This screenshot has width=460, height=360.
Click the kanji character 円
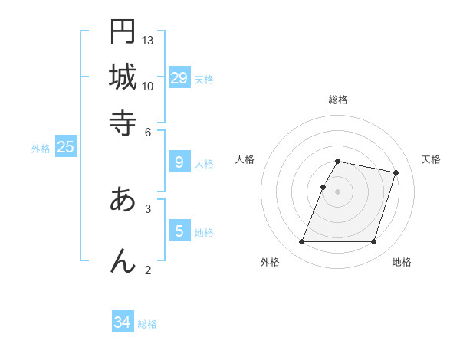pyautogui.click(x=123, y=31)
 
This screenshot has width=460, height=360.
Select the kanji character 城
pyautogui.click(x=123, y=77)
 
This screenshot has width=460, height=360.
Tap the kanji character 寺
pyautogui.click(x=123, y=123)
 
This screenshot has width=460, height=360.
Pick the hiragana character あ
pyautogui.click(x=123, y=199)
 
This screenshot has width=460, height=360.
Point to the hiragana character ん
pyautogui.click(x=123, y=260)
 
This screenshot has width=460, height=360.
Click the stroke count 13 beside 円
pyautogui.click(x=148, y=40)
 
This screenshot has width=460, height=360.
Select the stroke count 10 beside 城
pyautogui.click(x=148, y=86)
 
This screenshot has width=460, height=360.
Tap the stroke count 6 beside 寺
pyautogui.click(x=148, y=132)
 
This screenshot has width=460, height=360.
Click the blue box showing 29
pyautogui.click(x=179, y=77)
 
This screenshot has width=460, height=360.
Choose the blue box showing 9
pyautogui.click(x=179, y=162)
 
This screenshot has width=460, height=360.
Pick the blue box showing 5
pyautogui.click(x=179, y=231)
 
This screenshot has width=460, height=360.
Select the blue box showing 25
pyautogui.click(x=65, y=147)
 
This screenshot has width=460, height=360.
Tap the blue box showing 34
pyautogui.click(x=123, y=322)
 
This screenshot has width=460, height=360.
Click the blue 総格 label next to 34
pyautogui.click(x=147, y=324)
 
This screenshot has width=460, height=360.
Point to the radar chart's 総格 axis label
pyautogui.click(x=337, y=100)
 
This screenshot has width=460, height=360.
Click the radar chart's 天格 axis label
pyautogui.click(x=431, y=159)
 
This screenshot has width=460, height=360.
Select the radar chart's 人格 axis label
pyautogui.click(x=245, y=159)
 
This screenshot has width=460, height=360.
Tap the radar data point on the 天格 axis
pyautogui.click(x=396, y=173)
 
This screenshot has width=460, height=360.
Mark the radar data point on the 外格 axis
pyautogui.click(x=302, y=242)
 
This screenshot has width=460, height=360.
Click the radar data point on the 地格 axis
pyautogui.click(x=373, y=242)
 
